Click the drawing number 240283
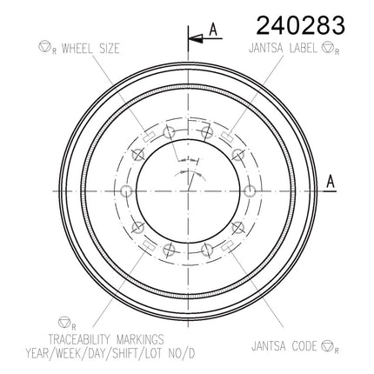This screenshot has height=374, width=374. (301, 25)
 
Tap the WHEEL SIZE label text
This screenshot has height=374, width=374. (90, 49)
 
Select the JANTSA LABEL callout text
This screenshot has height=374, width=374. (283, 48)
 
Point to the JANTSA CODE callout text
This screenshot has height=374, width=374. (284, 346)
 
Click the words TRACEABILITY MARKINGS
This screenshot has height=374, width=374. (106, 339)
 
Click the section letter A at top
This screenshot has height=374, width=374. (213, 30)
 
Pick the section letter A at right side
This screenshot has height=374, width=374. (331, 182)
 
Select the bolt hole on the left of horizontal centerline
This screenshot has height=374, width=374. (126, 191)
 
